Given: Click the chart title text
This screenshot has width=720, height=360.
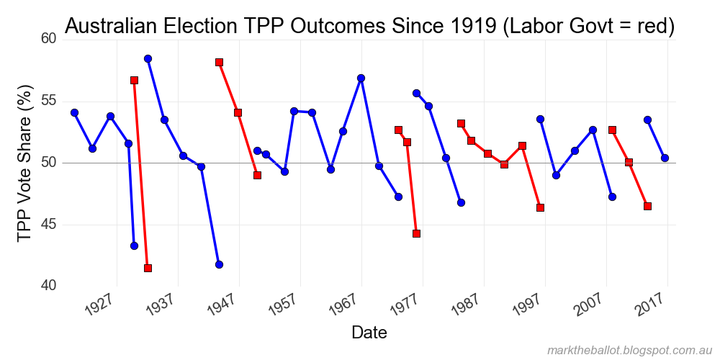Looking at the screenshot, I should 369,26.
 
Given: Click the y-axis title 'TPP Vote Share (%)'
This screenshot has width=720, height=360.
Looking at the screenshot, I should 25,163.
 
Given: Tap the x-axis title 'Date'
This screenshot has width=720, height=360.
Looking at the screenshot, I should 369,332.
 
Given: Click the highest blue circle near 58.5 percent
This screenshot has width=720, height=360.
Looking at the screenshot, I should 148,58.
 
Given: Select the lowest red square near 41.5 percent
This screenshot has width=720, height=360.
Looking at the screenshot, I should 148,268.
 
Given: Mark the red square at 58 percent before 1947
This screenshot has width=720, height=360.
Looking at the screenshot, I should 219,63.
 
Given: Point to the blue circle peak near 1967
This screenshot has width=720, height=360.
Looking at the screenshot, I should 361,78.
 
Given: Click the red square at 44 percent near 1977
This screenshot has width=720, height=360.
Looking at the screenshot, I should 416,233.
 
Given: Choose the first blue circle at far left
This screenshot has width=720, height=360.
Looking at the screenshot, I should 74,112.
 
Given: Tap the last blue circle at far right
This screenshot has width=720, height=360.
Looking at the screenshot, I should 665,158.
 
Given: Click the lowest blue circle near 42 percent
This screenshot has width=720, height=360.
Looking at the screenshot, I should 219,264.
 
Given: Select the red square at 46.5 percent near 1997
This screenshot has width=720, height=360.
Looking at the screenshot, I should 540,207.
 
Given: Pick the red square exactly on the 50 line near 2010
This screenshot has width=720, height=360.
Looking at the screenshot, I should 629,162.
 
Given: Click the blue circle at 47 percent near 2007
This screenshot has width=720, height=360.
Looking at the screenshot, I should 612,197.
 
